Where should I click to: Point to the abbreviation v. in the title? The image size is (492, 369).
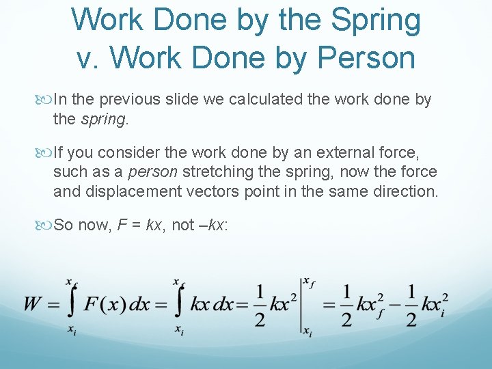tap(89, 57)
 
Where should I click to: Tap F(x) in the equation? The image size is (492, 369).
tap(106, 305)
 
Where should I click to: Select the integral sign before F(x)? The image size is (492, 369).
tap(72, 305)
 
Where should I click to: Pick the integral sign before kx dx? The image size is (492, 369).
tap(179, 305)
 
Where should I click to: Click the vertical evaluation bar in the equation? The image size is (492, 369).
tap(301, 305)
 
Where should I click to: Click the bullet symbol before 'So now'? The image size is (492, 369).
tap(46, 225)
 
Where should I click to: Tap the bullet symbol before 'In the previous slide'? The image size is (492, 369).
tap(46, 100)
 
